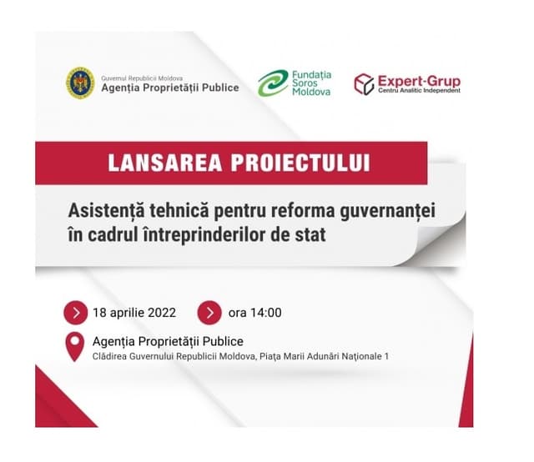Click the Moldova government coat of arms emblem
[80, 83]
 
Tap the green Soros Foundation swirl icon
[274, 83]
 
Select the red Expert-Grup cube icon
[364, 83]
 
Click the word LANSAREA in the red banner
[157, 163]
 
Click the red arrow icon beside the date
[77, 313]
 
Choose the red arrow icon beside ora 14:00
[209, 313]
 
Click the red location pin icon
[76, 346]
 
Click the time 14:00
[266, 314]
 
